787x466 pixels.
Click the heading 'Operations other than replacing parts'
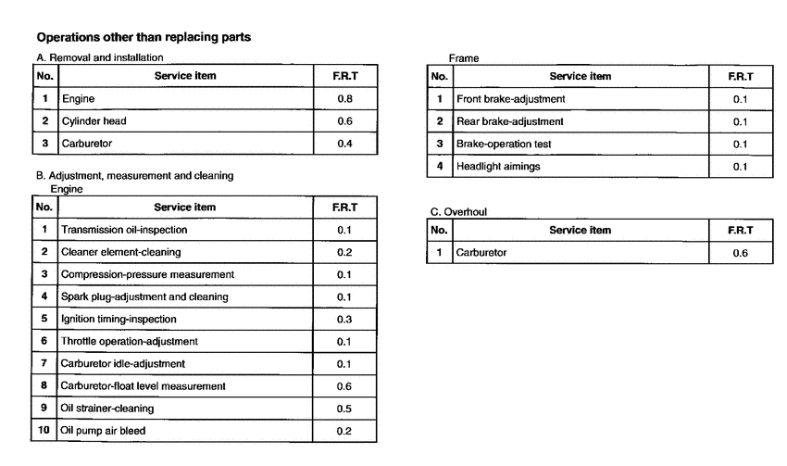144,38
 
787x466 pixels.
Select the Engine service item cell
78,98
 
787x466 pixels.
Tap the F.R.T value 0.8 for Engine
344,98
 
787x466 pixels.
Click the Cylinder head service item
94,121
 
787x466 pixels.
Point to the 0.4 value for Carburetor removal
344,144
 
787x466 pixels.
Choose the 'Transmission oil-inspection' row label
124,230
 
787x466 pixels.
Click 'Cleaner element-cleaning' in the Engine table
120,252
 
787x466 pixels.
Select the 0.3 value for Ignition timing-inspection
344,319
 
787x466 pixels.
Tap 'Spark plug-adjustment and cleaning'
144,296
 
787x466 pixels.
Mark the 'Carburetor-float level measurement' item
144,385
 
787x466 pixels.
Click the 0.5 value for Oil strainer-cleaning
344,408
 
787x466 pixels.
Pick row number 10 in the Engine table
44,430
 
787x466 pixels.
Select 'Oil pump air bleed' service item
103,431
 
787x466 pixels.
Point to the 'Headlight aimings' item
498,167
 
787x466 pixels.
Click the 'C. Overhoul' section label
459,212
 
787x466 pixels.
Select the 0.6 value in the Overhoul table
740,253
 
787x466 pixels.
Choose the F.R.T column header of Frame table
740,76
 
